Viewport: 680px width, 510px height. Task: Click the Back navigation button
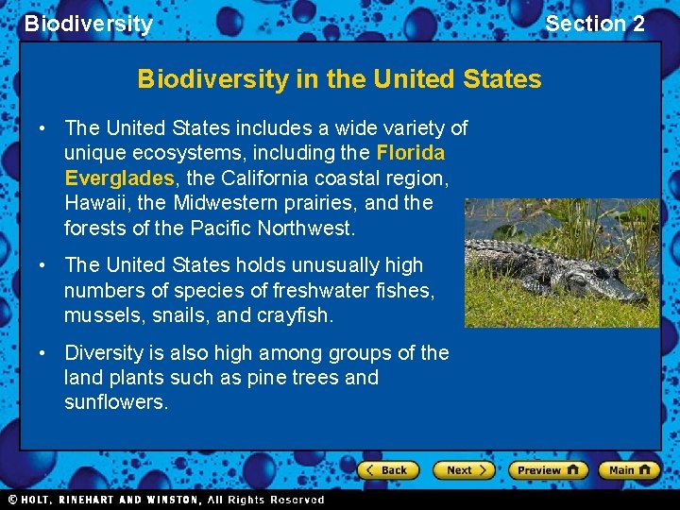coord(387,469)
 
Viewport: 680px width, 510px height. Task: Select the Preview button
coord(548,469)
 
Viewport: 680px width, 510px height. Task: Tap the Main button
coord(629,469)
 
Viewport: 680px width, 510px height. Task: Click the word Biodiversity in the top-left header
coord(88,24)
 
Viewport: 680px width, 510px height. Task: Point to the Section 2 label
coord(595,24)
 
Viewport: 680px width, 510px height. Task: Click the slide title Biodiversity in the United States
coord(339,78)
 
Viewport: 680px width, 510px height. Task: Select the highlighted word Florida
coord(410,153)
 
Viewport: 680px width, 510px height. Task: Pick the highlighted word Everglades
coord(119,178)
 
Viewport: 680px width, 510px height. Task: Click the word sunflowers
coord(114,402)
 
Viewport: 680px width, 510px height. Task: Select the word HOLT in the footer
coord(38,500)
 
